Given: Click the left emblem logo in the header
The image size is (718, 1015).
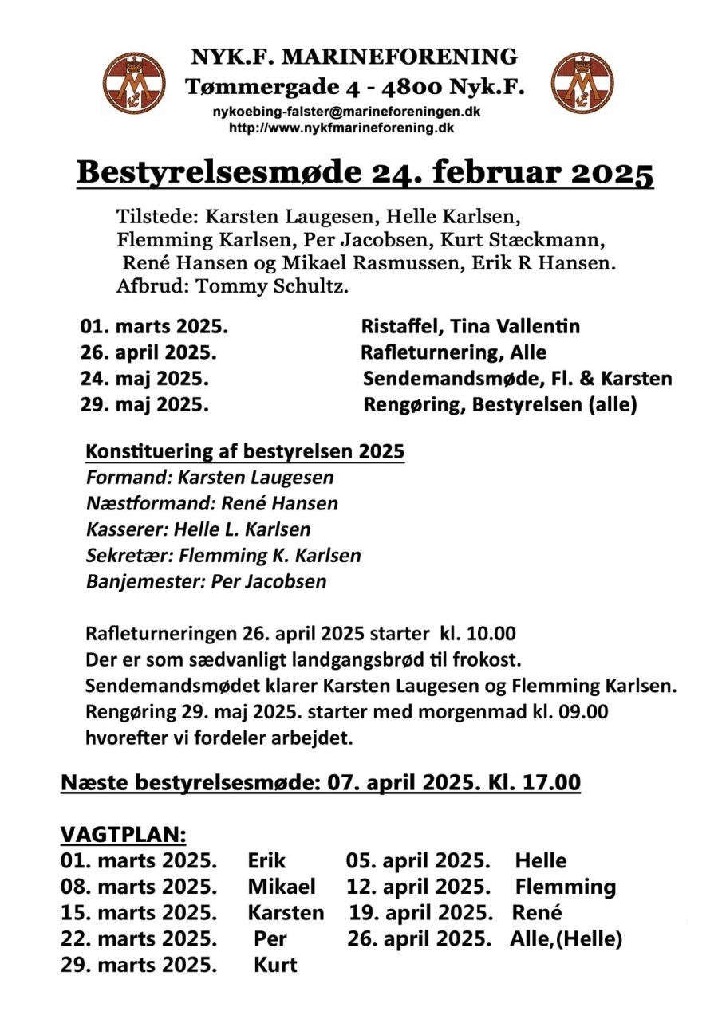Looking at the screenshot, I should click(x=135, y=83).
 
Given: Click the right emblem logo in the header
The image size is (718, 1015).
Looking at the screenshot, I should click(x=582, y=83).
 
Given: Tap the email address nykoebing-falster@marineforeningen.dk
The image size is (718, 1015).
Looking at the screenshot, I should click(x=346, y=112).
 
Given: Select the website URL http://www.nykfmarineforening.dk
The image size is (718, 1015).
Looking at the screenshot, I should click(x=342, y=127).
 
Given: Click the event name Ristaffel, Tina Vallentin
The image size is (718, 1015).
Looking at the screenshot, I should click(x=470, y=326).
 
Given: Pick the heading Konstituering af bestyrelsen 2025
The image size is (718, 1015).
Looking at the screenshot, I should click(x=245, y=452).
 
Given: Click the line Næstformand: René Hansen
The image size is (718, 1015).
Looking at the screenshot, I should click(x=211, y=503).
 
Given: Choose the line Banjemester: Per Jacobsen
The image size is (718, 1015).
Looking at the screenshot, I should click(x=206, y=581).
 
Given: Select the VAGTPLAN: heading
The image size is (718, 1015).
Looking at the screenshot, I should click(x=124, y=835).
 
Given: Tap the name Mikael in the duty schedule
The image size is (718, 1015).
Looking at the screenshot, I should click(x=282, y=887).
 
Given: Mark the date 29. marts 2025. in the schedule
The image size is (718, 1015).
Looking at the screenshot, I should click(x=139, y=964).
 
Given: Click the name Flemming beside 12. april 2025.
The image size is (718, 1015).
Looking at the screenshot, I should click(x=565, y=887).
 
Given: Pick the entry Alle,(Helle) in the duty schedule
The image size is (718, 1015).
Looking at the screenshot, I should click(x=566, y=938).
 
